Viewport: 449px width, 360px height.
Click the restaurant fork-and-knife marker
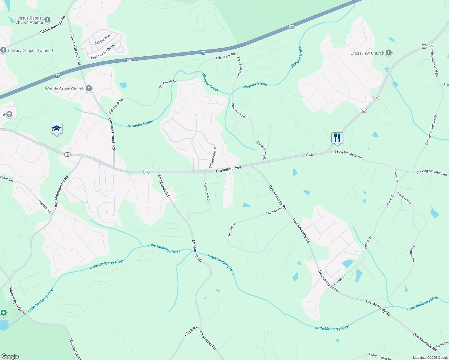[x=337, y=138]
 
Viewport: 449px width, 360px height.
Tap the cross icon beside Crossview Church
[x=389, y=53]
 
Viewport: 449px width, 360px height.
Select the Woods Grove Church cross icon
[x=89, y=88]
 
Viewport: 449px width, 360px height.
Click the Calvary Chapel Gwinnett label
[x=30, y=50]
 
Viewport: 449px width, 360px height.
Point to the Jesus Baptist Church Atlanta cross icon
[x=47, y=20]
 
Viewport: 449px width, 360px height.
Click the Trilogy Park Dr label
[x=213, y=158]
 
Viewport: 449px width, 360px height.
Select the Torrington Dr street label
[x=207, y=192]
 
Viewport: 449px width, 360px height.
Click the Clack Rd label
[x=191, y=331]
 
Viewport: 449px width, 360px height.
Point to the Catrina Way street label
[x=103, y=40]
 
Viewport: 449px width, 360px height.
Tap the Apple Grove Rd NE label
[x=103, y=51]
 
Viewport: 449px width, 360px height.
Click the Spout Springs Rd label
[x=53, y=25]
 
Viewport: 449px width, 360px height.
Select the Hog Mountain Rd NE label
[x=61, y=192]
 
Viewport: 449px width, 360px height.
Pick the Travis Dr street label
[x=396, y=175]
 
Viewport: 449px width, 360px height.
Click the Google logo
[x=10, y=356]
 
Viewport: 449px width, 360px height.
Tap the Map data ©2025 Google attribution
[x=430, y=358]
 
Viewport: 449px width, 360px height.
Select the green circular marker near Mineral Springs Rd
[x=3, y=313]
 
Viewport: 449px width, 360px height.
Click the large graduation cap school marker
[x=56, y=129]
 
